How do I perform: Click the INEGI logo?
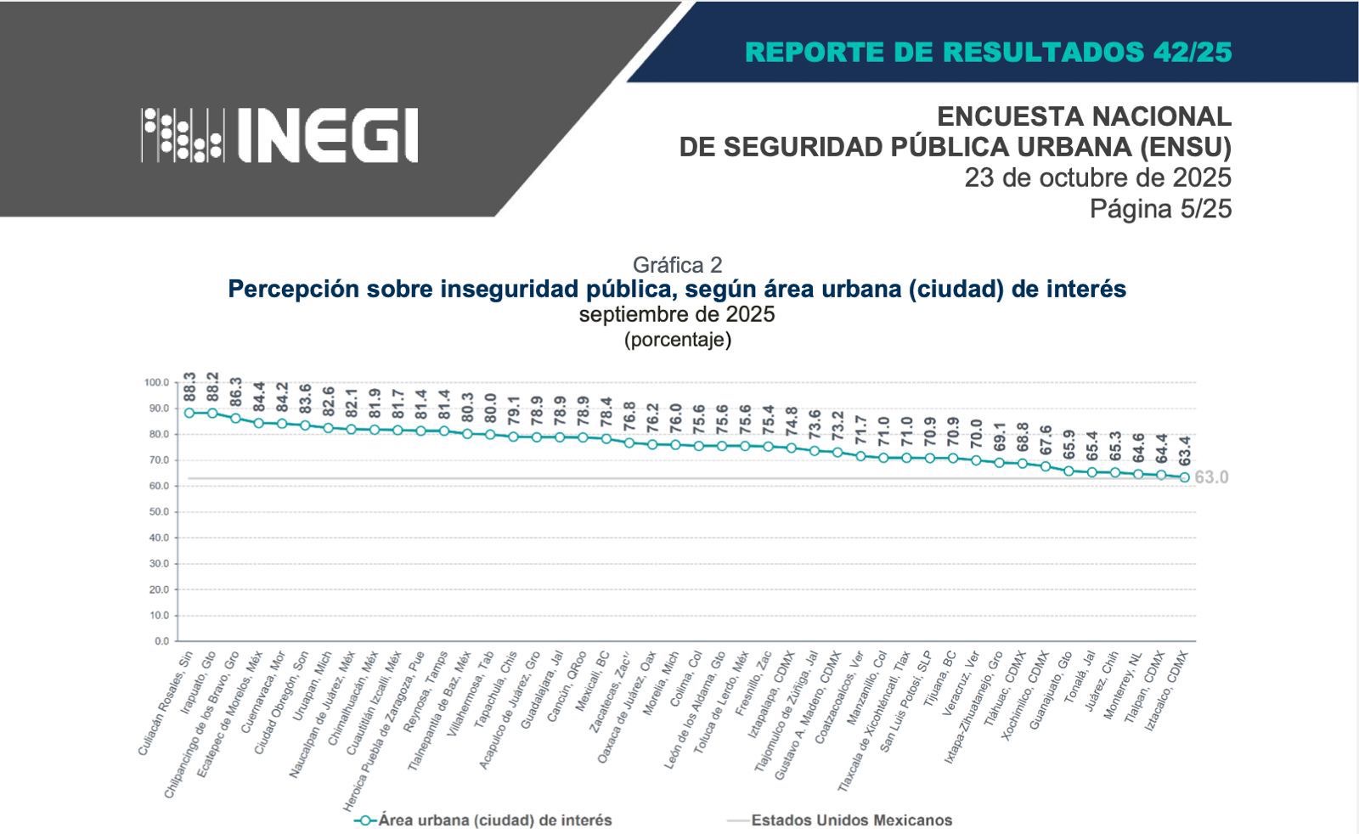coord(280,135)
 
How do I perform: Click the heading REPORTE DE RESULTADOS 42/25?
coord(988,52)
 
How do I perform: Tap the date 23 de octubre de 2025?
coord(1097,178)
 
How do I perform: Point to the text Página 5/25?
coord(1160,208)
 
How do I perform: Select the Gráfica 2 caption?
coord(677,264)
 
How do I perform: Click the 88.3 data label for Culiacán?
coord(189,387)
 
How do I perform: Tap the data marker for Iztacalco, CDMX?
coord(1184,477)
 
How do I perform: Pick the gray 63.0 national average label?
coord(1211,477)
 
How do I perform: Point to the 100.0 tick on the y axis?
coord(157,383)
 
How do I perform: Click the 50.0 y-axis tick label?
coord(159,512)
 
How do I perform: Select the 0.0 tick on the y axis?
coord(161,641)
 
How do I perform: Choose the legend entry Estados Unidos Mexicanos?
coord(851,820)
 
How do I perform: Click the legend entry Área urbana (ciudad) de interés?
coord(494,820)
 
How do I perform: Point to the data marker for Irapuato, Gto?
coord(212,414)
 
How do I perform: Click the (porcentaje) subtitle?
coord(677,340)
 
